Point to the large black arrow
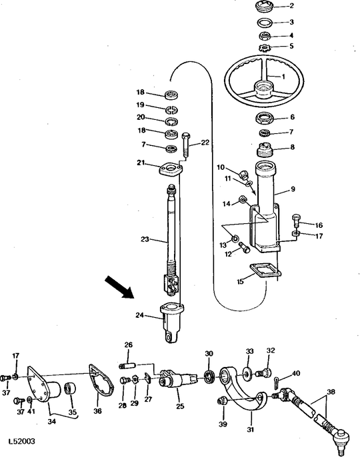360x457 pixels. point(119,287)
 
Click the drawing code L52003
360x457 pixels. point(21,441)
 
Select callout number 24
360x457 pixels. point(140,315)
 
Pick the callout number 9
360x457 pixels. point(293,189)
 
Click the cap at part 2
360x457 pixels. point(265,7)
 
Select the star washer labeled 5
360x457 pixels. point(265,47)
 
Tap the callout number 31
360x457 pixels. point(250,429)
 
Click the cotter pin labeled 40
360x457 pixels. point(277,382)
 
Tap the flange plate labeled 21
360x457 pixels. point(171,170)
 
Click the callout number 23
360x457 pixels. point(145,239)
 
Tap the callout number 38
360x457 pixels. point(331,392)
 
